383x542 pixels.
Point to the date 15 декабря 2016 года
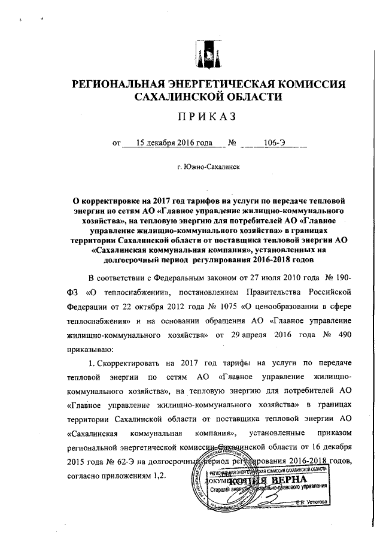click(x=174, y=143)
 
